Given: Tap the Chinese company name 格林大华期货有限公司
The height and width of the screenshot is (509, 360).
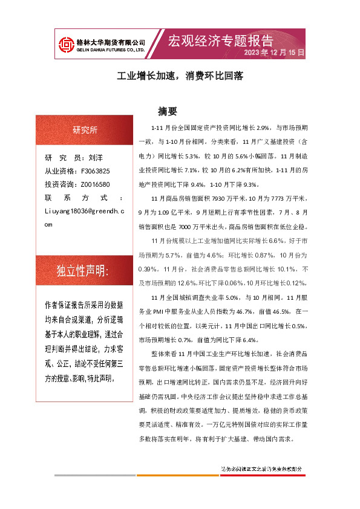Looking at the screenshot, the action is click(x=110, y=42).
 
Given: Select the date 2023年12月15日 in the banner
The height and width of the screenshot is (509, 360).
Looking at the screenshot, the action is click(x=274, y=53).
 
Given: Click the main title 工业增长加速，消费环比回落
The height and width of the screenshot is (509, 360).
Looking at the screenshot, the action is click(x=179, y=77).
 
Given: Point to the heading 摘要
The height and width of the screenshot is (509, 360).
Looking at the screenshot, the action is click(x=167, y=111).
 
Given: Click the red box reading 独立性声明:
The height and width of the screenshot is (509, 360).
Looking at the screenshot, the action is click(x=83, y=271).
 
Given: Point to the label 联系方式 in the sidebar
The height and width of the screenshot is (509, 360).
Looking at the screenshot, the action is click(x=83, y=198).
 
